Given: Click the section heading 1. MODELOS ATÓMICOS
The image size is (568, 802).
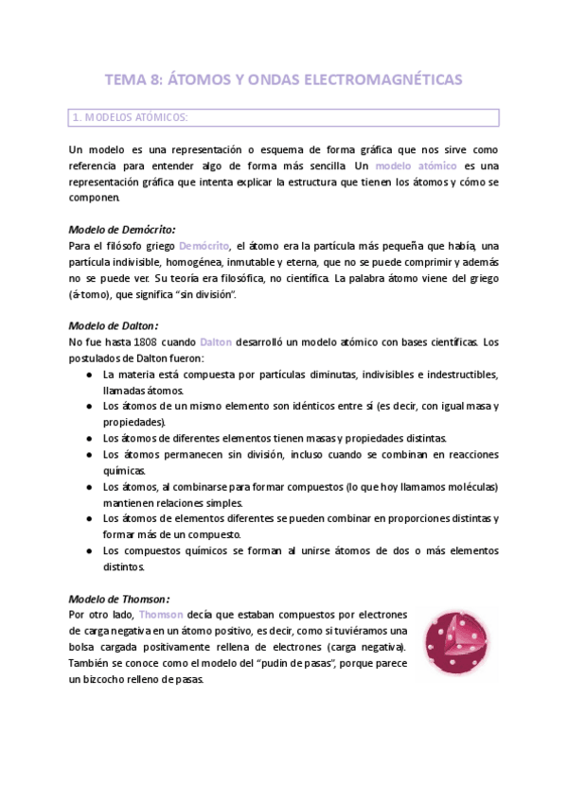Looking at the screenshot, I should pyautogui.click(x=130, y=118).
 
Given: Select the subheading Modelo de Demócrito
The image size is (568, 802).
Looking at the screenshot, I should pyautogui.click(x=121, y=230).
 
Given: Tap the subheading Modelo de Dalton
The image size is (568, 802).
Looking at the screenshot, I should pyautogui.click(x=112, y=325).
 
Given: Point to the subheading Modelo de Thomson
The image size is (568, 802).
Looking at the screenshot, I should pyautogui.click(x=118, y=599).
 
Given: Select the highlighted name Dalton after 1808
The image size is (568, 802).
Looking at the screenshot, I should pyautogui.click(x=217, y=341).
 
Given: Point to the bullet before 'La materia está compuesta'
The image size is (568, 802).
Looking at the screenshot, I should pyautogui.click(x=88, y=375).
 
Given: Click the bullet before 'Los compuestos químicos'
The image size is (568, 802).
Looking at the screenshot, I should pyautogui.click(x=88, y=551).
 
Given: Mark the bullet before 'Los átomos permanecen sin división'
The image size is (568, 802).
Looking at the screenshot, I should pyautogui.click(x=88, y=455).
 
